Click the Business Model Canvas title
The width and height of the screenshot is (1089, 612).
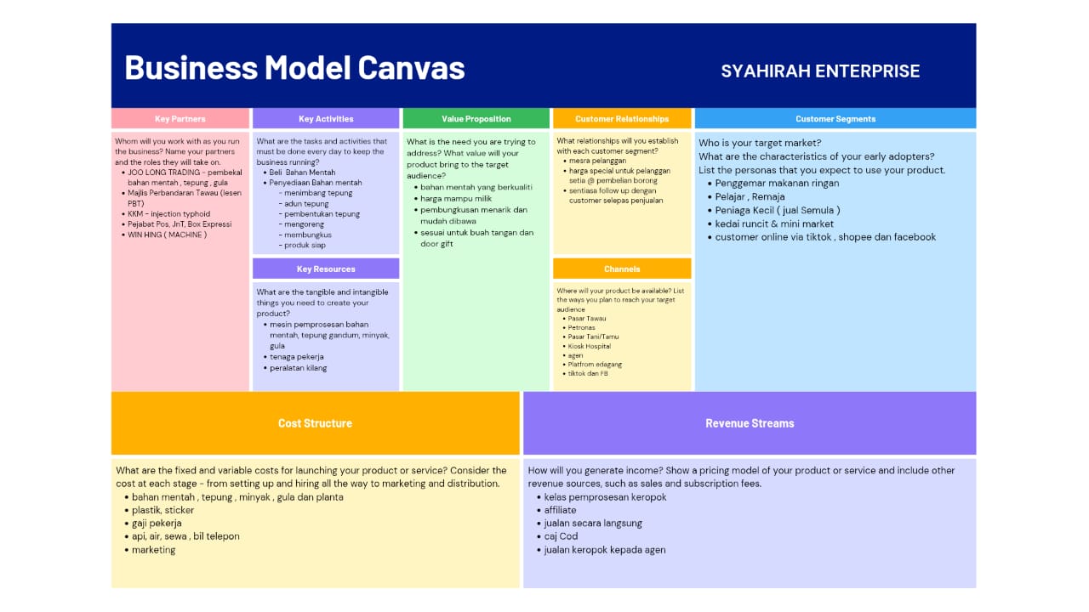pyautogui.click(x=294, y=67)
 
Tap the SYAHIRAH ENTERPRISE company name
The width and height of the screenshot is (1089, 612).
pyautogui.click(x=820, y=71)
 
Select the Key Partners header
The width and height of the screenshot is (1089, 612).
pyautogui.click(x=180, y=119)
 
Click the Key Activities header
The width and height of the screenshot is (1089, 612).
pyautogui.click(x=326, y=119)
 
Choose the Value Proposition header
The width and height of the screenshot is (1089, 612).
pyautogui.click(x=476, y=119)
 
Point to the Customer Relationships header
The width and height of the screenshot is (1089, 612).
pyautogui.click(x=622, y=119)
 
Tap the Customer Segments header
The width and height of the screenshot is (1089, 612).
pyautogui.click(x=835, y=119)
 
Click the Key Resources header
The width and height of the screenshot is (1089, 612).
pyautogui.click(x=326, y=269)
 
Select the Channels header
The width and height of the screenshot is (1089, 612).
pyautogui.click(x=622, y=269)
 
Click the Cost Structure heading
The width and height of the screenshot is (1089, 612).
pyautogui.click(x=315, y=423)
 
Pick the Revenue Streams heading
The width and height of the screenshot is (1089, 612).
pyautogui.click(x=750, y=423)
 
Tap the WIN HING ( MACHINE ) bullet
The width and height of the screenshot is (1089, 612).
pyautogui.click(x=167, y=235)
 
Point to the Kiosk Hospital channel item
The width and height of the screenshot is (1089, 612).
pyautogui.click(x=590, y=346)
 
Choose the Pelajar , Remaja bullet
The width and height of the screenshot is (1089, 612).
pyautogui.click(x=750, y=196)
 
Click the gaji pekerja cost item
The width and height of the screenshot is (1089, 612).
pyautogui.click(x=157, y=524)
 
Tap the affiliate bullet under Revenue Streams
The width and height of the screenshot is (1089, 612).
pyautogui.click(x=560, y=510)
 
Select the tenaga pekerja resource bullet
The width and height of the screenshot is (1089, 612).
pyautogui.click(x=298, y=357)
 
